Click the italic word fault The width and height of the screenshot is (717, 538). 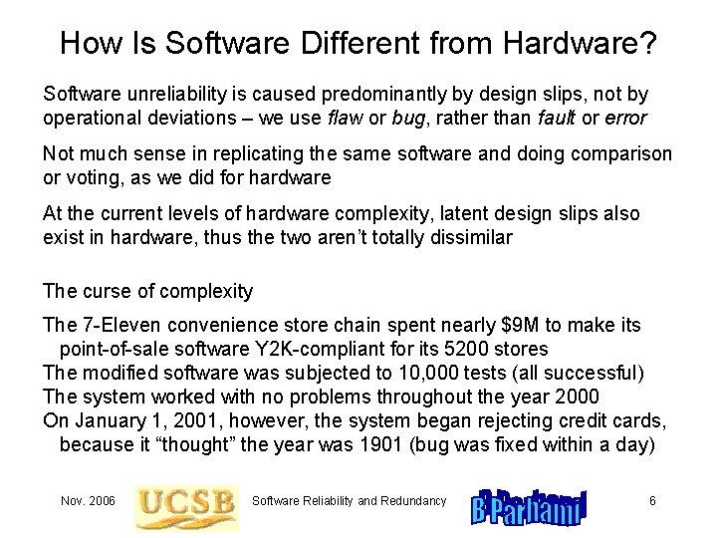pyautogui.click(x=558, y=118)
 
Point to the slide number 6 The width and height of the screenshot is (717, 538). pyautogui.click(x=651, y=500)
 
